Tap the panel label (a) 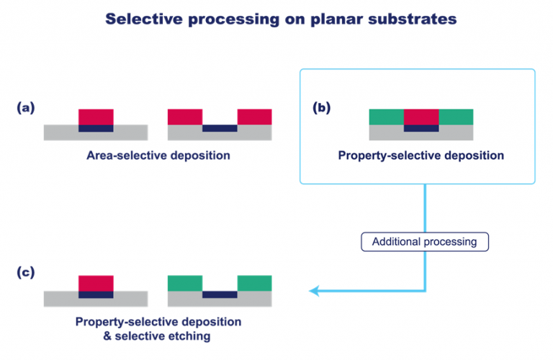point(26,107)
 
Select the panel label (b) point(322,107)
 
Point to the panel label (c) point(26,272)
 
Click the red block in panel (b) point(421,117)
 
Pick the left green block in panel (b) point(387,117)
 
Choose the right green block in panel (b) point(456,117)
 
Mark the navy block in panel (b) point(421,128)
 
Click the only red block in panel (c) point(96,284)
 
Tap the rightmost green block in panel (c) point(255,284)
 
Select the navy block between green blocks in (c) point(220,294)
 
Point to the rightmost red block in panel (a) point(255,117)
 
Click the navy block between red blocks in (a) point(220,128)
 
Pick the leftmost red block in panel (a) point(96,117)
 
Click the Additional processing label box point(425,242)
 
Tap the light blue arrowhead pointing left point(314,291)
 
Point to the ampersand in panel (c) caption point(107,336)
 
